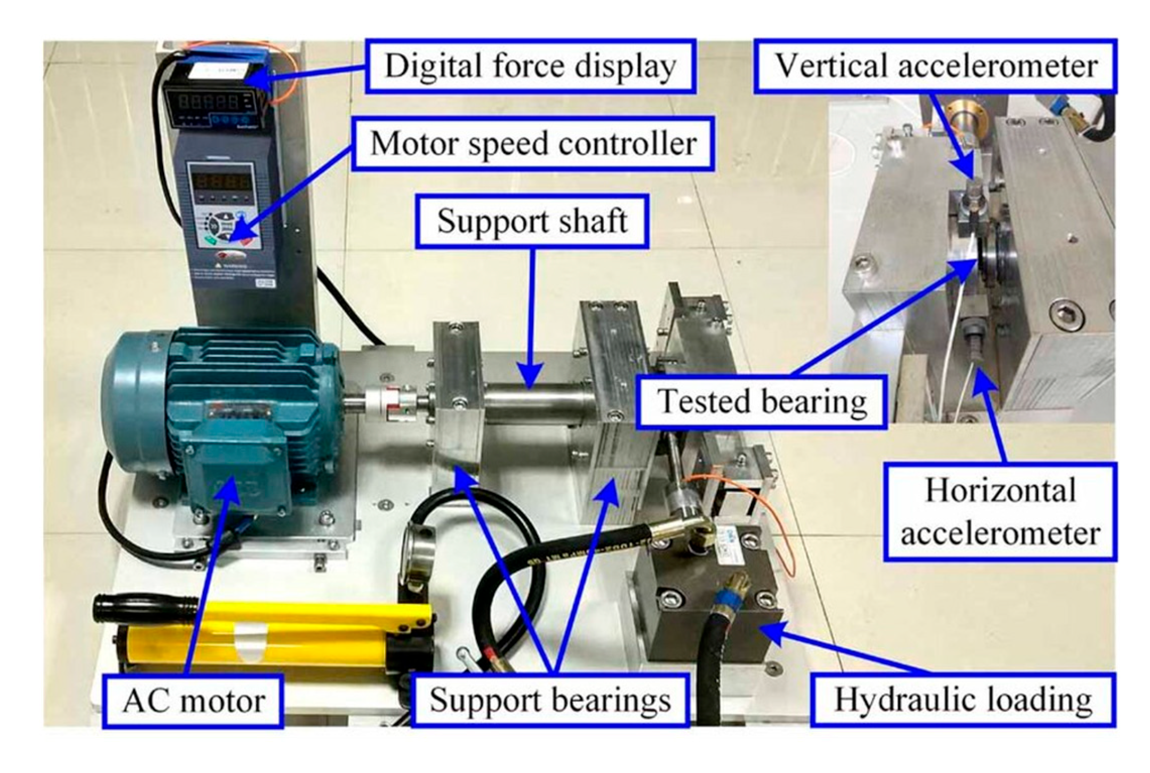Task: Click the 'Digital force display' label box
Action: pyautogui.click(x=531, y=66)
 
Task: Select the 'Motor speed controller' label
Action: pyautogui.click(x=533, y=144)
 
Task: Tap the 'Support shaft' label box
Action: pyautogui.click(x=532, y=221)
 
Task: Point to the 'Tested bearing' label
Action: pyautogui.click(x=761, y=401)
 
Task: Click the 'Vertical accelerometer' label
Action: pyautogui.click(x=936, y=66)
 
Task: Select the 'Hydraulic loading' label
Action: pyautogui.click(x=963, y=699)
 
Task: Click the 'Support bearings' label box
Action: pyautogui.click(x=550, y=699)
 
